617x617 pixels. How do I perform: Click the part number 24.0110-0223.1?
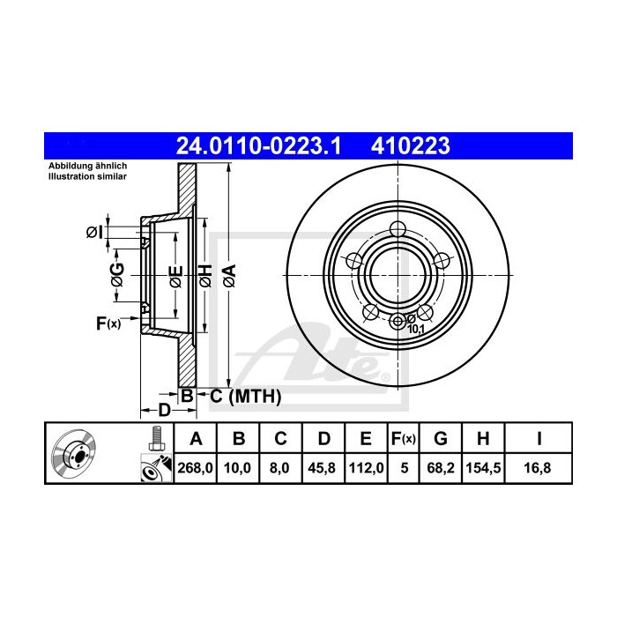pyautogui.click(x=258, y=145)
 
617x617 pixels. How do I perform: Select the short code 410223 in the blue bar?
pyautogui.click(x=410, y=145)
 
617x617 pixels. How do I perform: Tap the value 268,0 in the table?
pyautogui.click(x=195, y=468)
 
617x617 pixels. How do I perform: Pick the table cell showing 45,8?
pyautogui.click(x=322, y=468)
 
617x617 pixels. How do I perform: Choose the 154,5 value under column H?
pyautogui.click(x=483, y=468)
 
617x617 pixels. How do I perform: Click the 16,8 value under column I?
pyautogui.click(x=538, y=468)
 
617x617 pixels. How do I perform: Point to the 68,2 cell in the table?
pyautogui.click(x=441, y=468)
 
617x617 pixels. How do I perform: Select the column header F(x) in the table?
pyautogui.click(x=404, y=438)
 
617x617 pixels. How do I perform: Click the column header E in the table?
pyautogui.click(x=366, y=438)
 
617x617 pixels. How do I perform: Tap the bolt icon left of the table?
pyautogui.click(x=157, y=439)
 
